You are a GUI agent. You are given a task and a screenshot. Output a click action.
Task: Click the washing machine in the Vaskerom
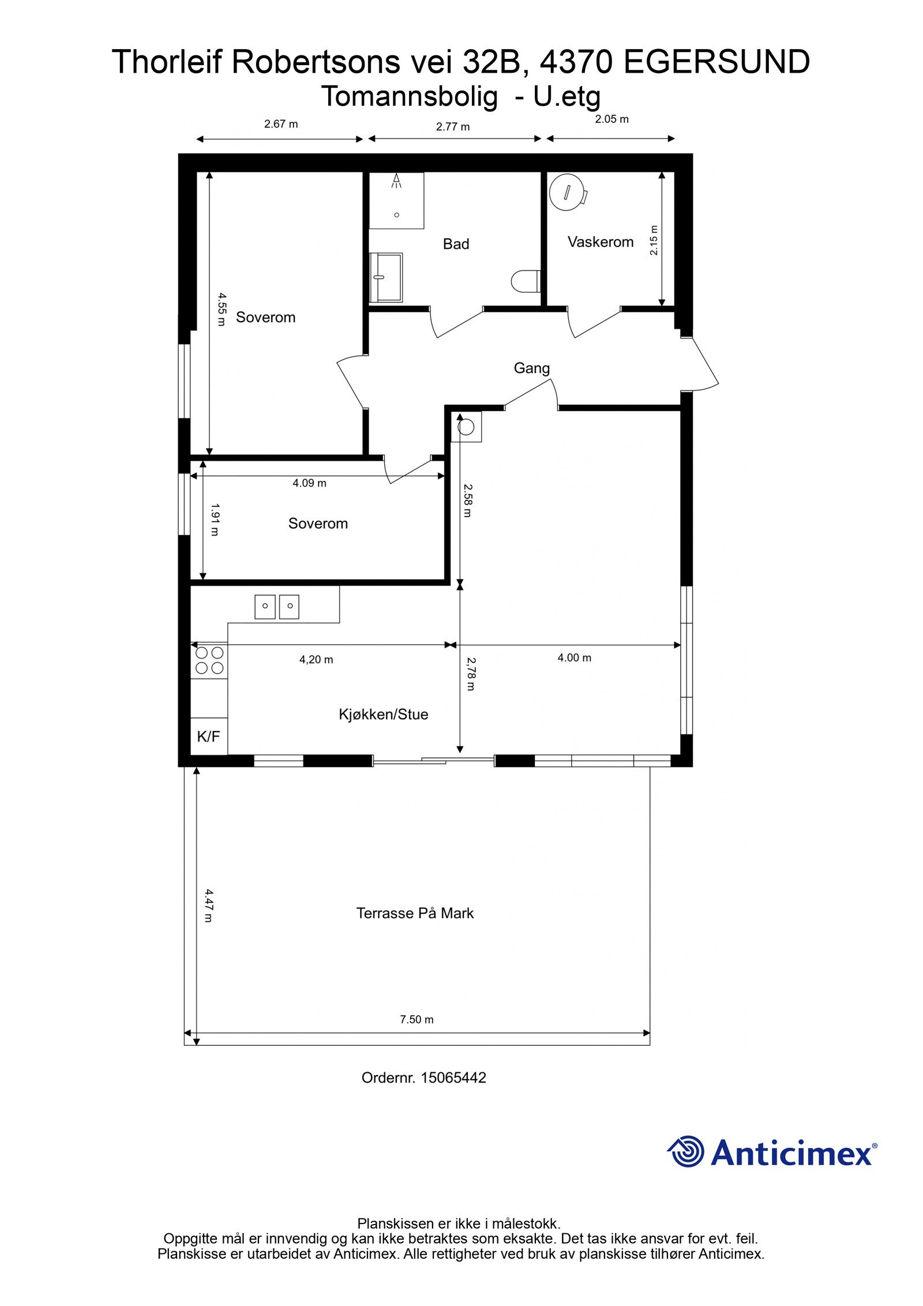click(x=568, y=192)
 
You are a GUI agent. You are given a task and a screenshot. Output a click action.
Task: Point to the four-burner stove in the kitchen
click(x=209, y=660)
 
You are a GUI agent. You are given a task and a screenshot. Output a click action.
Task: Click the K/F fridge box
click(x=209, y=736)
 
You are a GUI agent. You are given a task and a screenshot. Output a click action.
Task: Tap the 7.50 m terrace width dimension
click(x=417, y=1020)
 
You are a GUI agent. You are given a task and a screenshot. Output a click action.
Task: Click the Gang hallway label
click(x=531, y=368)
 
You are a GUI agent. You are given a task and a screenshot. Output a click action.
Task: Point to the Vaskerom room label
click(x=600, y=242)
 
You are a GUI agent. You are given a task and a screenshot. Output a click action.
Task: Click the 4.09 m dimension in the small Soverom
click(x=309, y=483)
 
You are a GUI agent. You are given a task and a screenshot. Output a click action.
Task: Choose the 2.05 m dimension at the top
click(x=611, y=119)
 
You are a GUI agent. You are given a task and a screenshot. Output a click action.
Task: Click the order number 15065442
click(x=453, y=1078)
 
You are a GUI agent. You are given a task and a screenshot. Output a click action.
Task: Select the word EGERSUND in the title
click(x=716, y=62)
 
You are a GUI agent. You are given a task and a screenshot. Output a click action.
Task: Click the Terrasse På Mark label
click(x=415, y=913)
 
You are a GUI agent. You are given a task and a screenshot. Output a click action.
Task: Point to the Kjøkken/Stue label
click(x=383, y=714)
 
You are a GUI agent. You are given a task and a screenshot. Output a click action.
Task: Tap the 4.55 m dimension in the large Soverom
click(x=221, y=309)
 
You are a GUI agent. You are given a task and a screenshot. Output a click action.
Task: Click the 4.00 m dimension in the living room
click(x=574, y=658)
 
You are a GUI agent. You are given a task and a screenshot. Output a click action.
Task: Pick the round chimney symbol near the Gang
click(x=466, y=428)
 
